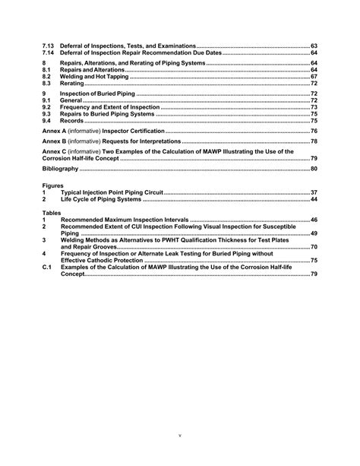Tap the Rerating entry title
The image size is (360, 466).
pyautogui.click(x=73, y=84)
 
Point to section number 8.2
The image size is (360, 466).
pyautogui.click(x=46, y=77)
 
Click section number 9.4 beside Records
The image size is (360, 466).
pyautogui.click(x=46, y=121)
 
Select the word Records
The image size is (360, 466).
pyautogui.click(x=72, y=121)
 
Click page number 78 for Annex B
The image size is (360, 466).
pyautogui.click(x=314, y=141)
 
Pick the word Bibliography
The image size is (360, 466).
pyautogui.click(x=62, y=168)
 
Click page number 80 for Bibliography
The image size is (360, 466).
pyautogui.click(x=314, y=168)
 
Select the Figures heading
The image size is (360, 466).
pyautogui.click(x=52, y=185)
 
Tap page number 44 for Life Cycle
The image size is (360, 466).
pyautogui.click(x=314, y=199)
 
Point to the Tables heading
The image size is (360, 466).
pyautogui.click(x=51, y=213)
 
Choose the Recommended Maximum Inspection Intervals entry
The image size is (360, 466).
pyautogui.click(x=124, y=220)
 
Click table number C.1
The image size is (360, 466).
pyautogui.click(x=46, y=267)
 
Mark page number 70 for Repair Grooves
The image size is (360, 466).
pyautogui.click(x=314, y=247)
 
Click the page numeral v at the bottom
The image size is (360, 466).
pyautogui.click(x=180, y=436)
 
